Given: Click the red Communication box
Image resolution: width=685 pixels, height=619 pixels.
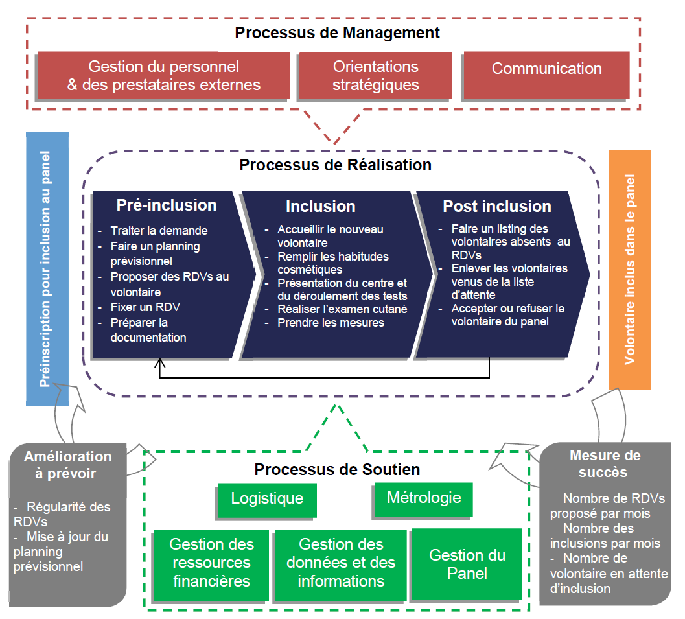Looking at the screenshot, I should click(546, 69).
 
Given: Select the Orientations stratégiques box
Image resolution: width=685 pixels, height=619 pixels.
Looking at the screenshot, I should click(375, 75).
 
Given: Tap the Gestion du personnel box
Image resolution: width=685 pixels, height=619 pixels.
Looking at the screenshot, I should click(163, 75).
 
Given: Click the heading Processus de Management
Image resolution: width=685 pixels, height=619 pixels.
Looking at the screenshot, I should click(337, 32).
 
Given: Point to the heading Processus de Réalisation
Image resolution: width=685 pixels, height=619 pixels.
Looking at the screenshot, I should click(335, 165).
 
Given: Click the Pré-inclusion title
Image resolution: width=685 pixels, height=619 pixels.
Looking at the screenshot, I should click(167, 205).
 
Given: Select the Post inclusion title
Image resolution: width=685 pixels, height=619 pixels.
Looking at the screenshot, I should click(496, 207).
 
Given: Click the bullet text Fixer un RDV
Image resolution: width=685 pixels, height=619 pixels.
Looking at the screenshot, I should click(145, 307).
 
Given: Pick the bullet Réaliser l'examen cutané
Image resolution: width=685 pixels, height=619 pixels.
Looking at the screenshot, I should click(342, 309).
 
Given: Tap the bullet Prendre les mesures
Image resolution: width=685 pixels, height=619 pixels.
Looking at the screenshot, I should click(331, 323).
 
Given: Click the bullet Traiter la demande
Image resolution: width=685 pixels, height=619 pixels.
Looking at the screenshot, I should click(159, 231).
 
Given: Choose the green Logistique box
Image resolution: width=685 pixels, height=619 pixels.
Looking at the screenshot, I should click(267, 499).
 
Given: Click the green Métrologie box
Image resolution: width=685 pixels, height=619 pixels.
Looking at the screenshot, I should click(423, 498).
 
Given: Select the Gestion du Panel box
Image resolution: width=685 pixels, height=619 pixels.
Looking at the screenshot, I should click(467, 564).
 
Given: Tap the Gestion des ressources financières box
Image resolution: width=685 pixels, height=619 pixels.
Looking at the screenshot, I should click(211, 563).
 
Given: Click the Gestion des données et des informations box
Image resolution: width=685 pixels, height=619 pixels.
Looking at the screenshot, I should click(341, 563).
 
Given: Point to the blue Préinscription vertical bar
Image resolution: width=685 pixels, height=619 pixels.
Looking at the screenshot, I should click(47, 269).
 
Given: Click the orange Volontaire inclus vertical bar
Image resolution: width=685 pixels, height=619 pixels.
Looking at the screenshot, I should click(629, 269).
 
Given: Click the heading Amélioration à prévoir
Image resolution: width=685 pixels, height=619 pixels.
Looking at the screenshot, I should click(67, 465).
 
